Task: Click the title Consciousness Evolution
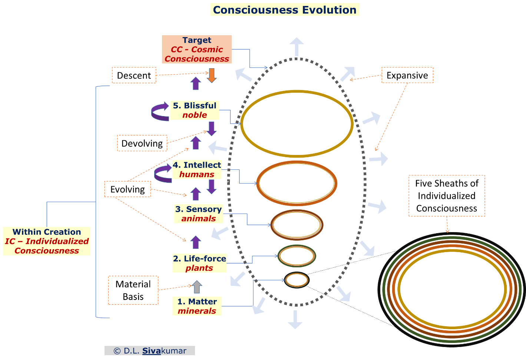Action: click(285, 10)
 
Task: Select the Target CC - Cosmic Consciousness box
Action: click(197, 49)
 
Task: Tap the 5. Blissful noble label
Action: click(195, 110)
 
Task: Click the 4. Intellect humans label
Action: click(197, 169)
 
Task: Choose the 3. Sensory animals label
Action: click(198, 214)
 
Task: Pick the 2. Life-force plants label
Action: click(199, 263)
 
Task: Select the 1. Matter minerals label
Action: click(197, 306)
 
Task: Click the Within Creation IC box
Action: click(47, 241)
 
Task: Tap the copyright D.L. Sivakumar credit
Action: click(150, 351)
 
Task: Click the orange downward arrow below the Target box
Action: click(212, 75)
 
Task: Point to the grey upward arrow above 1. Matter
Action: click(197, 287)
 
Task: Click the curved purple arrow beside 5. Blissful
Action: click(160, 112)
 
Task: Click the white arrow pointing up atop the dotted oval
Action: click(297, 46)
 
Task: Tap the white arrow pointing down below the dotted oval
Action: click(295, 320)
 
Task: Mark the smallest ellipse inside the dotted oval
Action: click(297, 280)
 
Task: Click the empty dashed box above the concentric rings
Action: click(447, 196)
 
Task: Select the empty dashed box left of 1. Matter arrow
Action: click(133, 290)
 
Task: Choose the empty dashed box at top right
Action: click(407, 75)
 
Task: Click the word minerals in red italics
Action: click(197, 311)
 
